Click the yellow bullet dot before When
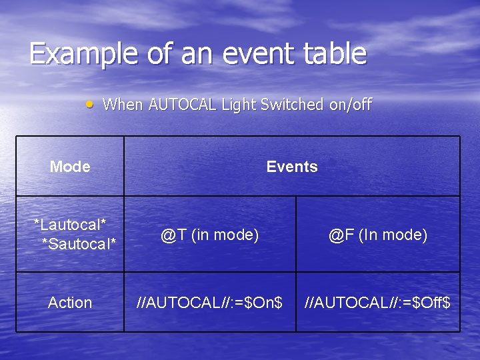pyautogui.click(x=89, y=105)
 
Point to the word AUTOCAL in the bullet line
pyautogui.click(x=183, y=105)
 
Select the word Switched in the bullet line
pyautogui.click(x=293, y=105)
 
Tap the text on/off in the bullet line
pyautogui.click(x=351, y=105)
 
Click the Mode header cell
pyautogui.click(x=70, y=167)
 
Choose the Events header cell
pyautogui.click(x=292, y=167)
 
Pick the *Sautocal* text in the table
pyautogui.click(x=79, y=244)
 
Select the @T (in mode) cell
pyautogui.click(x=209, y=235)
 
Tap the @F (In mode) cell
pyautogui.click(x=378, y=235)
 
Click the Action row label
pyautogui.click(x=70, y=303)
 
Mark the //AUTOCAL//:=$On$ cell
pyautogui.click(x=209, y=303)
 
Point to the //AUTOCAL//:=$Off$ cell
pyautogui.click(x=378, y=303)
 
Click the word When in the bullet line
pyautogui.click(x=123, y=105)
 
